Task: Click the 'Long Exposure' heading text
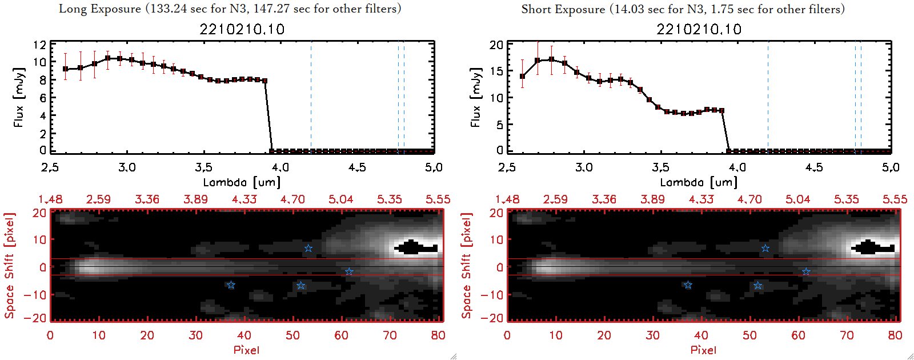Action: pos(100,9)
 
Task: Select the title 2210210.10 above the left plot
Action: pos(242,29)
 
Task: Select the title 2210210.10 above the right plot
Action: pos(699,29)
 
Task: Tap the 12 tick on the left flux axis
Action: pos(39,45)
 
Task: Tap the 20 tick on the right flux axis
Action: pos(496,45)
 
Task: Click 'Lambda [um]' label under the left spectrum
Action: pos(242,182)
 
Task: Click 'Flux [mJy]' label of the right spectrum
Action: pos(475,97)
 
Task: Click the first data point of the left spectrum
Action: pos(65,69)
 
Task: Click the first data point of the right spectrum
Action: pos(522,77)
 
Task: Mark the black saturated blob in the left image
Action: pos(416,248)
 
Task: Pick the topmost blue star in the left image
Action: pos(308,248)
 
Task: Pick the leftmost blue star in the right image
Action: pos(688,285)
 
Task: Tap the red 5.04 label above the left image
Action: pos(340,199)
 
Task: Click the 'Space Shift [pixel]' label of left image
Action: pos(9,266)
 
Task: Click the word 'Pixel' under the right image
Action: pos(703,350)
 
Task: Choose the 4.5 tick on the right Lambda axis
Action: pos(814,167)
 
